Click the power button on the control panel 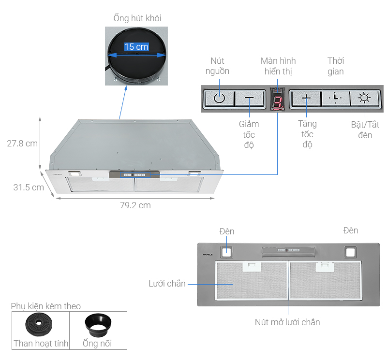point(219,99)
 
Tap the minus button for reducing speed point(249,99)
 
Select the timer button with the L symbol point(335,99)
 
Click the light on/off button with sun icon point(364,99)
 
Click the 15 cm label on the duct point(136,47)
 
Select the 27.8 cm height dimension point(22,144)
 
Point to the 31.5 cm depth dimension point(29,187)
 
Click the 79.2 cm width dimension point(135,205)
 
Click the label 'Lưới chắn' point(167,284)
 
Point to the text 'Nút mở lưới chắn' point(287,322)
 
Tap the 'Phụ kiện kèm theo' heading point(46,306)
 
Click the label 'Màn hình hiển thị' point(278,66)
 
